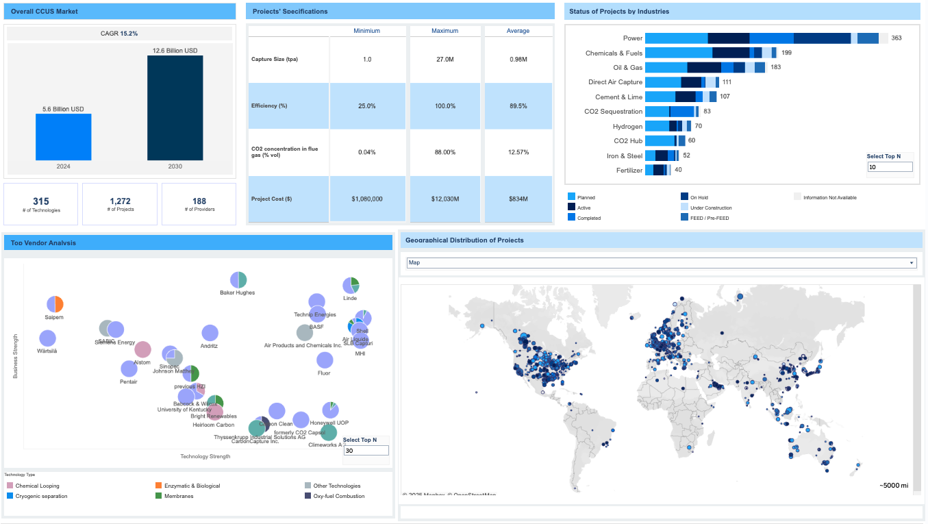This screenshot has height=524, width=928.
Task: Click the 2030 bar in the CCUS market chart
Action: tap(175, 108)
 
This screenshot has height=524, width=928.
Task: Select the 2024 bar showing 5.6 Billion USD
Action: tap(63, 137)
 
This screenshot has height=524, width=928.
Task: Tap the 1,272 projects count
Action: tap(120, 201)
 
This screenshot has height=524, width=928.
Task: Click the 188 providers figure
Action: tap(199, 201)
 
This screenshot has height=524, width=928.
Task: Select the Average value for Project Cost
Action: tap(517, 199)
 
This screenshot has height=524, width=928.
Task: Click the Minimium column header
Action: tap(366, 31)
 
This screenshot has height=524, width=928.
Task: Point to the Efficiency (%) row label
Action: tap(269, 105)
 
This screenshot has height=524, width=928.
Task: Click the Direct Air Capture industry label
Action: tap(615, 82)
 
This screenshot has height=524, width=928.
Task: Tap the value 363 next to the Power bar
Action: tap(896, 38)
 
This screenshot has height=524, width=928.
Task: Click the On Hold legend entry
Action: tap(699, 197)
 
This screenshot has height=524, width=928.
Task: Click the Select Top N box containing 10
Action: tap(890, 166)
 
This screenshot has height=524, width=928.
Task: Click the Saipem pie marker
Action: tap(55, 304)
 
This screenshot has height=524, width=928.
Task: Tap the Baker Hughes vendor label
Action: tap(237, 292)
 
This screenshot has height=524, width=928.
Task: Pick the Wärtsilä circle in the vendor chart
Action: tap(47, 338)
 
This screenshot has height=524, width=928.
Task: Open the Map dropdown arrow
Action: tap(911, 262)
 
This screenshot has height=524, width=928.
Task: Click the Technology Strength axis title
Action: tap(205, 456)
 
